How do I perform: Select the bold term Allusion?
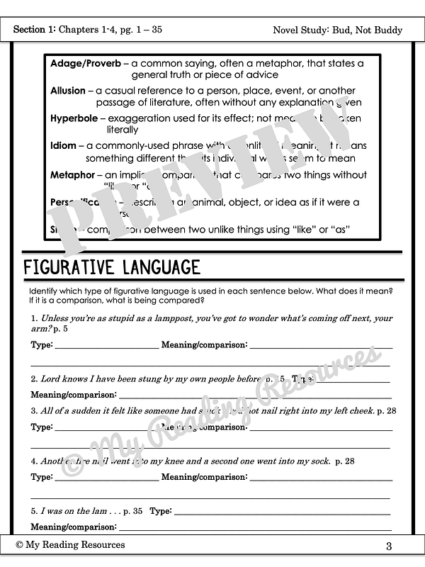coord(67,91)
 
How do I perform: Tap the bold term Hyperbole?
coord(74,118)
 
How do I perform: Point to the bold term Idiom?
coord(63,145)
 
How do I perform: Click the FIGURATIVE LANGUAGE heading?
coord(112,267)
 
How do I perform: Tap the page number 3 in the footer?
coord(390,546)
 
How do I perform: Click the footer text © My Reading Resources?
coord(70,544)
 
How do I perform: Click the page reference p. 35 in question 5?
coord(132,510)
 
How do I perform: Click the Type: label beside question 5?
coord(161,510)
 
